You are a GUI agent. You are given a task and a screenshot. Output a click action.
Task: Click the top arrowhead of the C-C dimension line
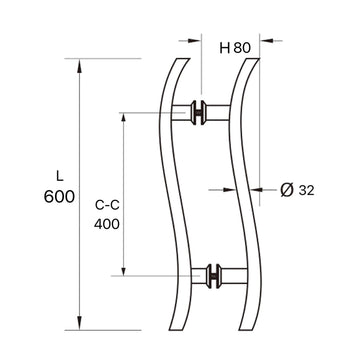pyautogui.click(x=124, y=116)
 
